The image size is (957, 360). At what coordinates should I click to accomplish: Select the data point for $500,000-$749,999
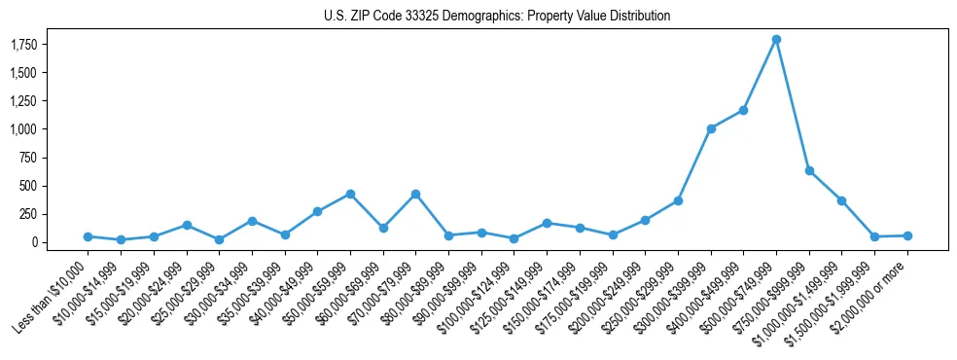click(776, 40)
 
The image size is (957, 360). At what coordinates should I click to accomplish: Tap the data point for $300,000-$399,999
click(711, 128)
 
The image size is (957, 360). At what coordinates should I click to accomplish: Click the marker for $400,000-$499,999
click(743, 110)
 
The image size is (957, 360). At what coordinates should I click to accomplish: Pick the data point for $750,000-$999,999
click(809, 170)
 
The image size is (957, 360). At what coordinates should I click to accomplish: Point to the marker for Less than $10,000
click(88, 236)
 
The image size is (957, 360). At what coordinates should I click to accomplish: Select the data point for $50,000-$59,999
click(350, 194)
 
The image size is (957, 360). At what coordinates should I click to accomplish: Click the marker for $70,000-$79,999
click(415, 194)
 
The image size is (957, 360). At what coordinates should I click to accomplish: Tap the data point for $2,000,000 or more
click(907, 235)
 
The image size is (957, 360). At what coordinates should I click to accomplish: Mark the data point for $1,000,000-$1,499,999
click(841, 200)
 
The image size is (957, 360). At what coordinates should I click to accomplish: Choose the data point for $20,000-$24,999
click(186, 225)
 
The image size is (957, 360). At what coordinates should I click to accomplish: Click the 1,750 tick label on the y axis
click(50, 45)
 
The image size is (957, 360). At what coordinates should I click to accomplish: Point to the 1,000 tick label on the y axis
click(50, 128)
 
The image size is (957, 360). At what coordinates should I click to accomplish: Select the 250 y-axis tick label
click(55, 213)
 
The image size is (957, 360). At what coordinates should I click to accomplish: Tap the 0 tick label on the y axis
click(60, 241)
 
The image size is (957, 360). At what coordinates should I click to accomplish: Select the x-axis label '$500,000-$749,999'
click(740, 297)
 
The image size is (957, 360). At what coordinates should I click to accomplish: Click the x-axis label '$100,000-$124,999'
click(478, 297)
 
